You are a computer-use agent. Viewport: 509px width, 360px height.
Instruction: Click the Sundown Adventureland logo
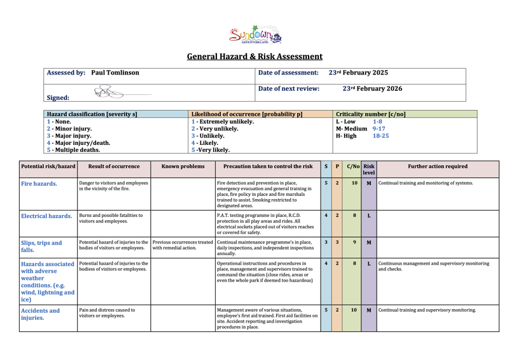(254, 34)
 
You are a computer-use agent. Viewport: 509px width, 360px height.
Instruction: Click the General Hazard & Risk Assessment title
(254, 57)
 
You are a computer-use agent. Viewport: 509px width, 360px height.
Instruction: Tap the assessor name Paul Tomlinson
(115, 73)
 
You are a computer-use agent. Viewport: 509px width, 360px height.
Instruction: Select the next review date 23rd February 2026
(372, 89)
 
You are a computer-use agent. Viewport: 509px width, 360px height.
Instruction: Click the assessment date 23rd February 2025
(358, 73)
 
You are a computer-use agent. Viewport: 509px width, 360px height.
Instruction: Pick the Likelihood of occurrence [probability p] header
(247, 114)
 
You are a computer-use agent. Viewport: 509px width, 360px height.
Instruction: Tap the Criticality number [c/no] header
(370, 114)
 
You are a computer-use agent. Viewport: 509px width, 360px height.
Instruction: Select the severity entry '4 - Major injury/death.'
(78, 143)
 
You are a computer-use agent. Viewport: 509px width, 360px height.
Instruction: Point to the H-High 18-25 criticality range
(363, 136)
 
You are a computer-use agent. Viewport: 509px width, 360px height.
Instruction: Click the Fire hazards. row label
(39, 184)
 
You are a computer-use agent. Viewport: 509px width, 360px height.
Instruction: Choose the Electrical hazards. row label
(46, 216)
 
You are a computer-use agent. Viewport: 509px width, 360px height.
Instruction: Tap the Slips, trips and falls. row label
(42, 246)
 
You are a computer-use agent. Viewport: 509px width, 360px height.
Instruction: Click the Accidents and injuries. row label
(41, 314)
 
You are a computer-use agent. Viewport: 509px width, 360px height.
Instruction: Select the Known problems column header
(183, 167)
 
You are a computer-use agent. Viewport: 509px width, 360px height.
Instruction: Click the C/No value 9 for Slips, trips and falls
(354, 242)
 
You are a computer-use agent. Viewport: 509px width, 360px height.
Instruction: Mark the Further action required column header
(438, 167)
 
